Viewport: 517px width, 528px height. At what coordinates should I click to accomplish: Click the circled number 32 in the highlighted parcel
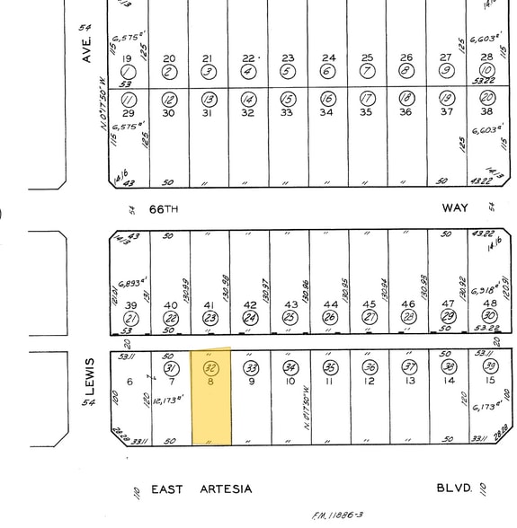coord(211,368)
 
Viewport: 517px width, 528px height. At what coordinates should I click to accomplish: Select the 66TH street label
coord(165,208)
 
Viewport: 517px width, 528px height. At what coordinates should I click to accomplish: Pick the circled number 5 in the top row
coord(287,72)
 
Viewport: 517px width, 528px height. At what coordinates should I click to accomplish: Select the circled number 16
coord(328,99)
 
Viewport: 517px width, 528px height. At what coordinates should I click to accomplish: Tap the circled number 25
coord(289,318)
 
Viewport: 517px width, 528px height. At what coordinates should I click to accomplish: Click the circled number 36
coord(370,367)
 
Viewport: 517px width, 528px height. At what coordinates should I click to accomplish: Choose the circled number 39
coord(489,366)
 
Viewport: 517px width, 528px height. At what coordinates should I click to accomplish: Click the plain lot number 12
coord(370,382)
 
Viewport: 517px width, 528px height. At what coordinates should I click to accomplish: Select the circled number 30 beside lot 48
coord(488,318)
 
